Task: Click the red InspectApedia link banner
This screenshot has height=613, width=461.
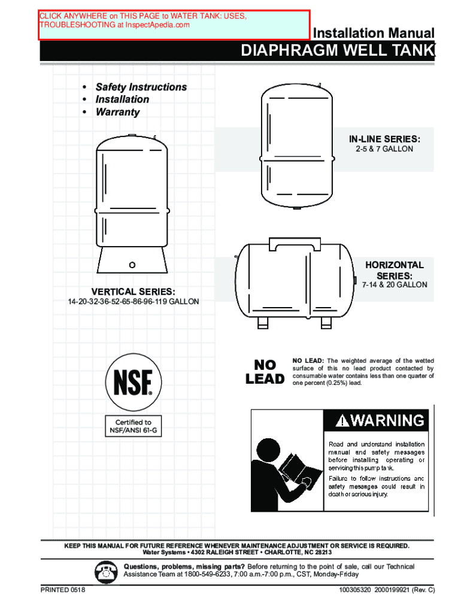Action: (175, 24)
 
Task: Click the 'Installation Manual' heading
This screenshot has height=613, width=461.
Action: (374, 33)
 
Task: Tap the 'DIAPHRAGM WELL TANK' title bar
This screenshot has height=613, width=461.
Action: (337, 52)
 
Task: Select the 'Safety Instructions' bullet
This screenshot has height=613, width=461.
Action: (141, 87)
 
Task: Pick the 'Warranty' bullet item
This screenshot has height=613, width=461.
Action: (117, 112)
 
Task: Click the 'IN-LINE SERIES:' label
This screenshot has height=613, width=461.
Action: (380, 139)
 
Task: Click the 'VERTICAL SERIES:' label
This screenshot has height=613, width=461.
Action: (134, 291)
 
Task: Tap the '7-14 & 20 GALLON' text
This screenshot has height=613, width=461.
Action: (395, 285)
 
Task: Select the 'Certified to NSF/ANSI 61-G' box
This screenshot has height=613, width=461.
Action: (134, 426)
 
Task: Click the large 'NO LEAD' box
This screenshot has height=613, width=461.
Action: (265, 372)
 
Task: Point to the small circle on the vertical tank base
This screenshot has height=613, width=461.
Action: (132, 264)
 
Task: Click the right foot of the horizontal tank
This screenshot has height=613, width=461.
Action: (326, 323)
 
